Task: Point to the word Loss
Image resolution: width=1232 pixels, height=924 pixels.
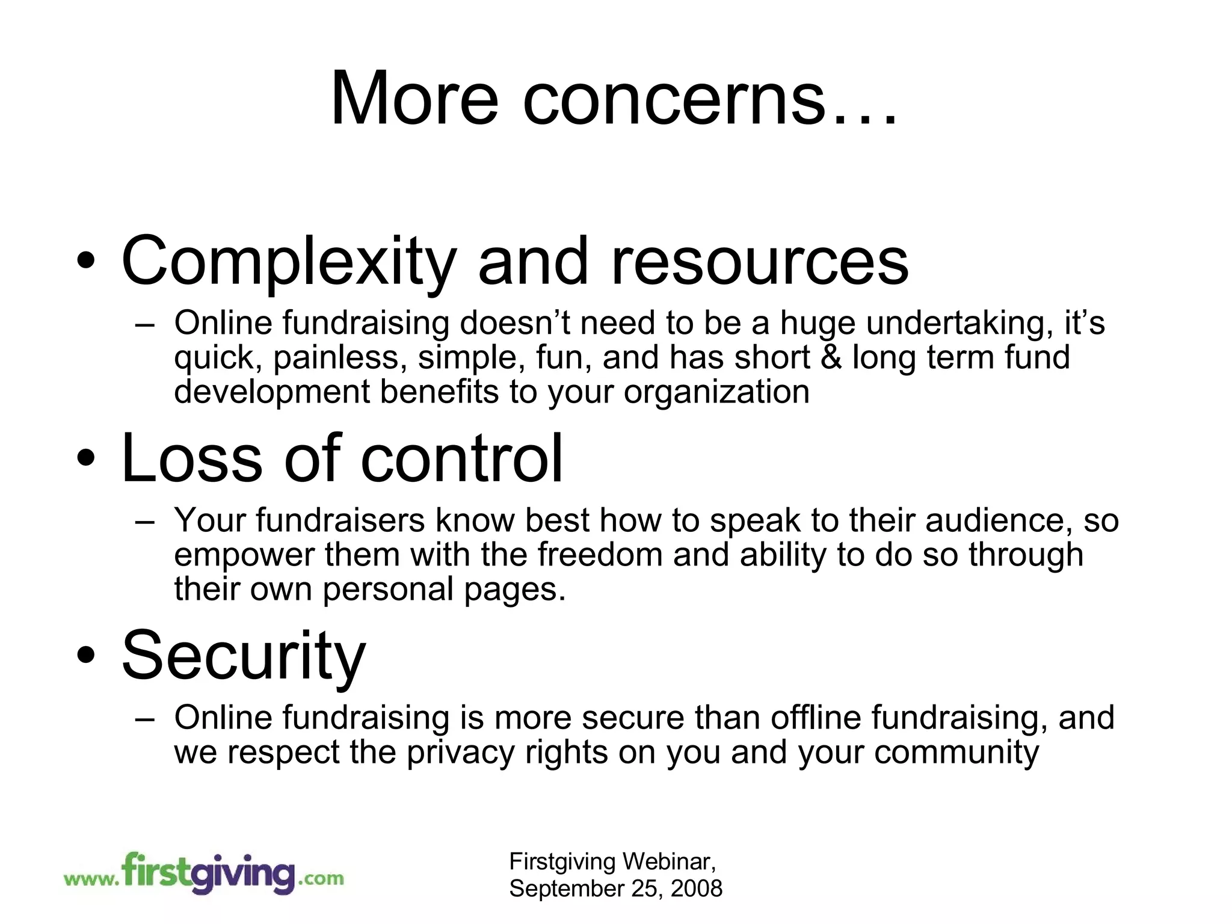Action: [192, 459]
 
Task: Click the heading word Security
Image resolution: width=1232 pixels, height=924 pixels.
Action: [244, 656]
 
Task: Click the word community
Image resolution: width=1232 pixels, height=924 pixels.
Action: [956, 753]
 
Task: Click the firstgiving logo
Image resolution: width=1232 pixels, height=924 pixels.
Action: [203, 873]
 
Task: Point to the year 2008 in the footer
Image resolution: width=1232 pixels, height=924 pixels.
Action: [696, 889]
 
